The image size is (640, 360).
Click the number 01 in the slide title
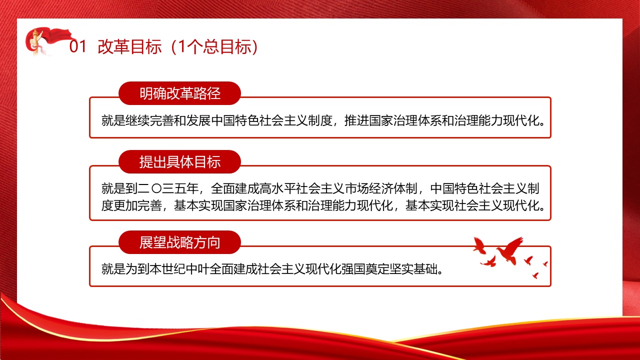coord(77,46)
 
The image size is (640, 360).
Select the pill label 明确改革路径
coord(179,93)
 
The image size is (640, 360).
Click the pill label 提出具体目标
coord(179,161)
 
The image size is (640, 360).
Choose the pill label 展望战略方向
coord(179,242)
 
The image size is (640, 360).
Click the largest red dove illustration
coord(510,250)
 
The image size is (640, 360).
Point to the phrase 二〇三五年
coord(168,188)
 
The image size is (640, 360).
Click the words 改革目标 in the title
coord(129,46)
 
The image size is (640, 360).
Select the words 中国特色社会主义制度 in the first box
coord(271,120)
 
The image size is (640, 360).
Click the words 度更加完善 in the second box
coord(131,205)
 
